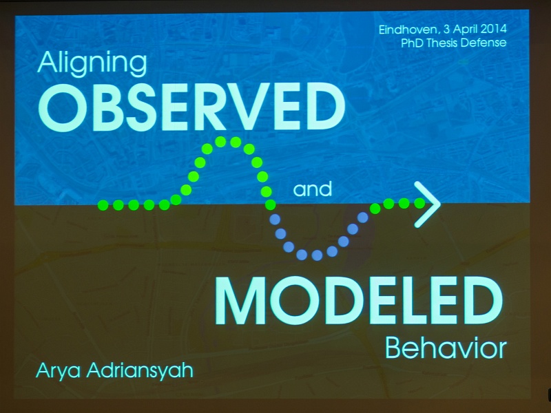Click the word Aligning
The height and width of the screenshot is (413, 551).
point(92,64)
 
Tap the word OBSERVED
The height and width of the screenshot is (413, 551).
point(192,108)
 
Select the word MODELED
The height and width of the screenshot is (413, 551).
point(359,301)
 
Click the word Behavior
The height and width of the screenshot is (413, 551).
point(446,348)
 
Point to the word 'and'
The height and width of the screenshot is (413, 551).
point(313,189)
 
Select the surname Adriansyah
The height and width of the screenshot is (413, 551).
point(140,370)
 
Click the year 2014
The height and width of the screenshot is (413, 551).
point(493,29)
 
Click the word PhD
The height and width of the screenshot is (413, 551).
point(412,43)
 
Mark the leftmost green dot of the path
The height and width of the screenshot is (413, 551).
point(103,204)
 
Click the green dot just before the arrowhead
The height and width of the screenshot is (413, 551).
point(419,203)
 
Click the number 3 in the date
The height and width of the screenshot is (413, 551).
point(446,29)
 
